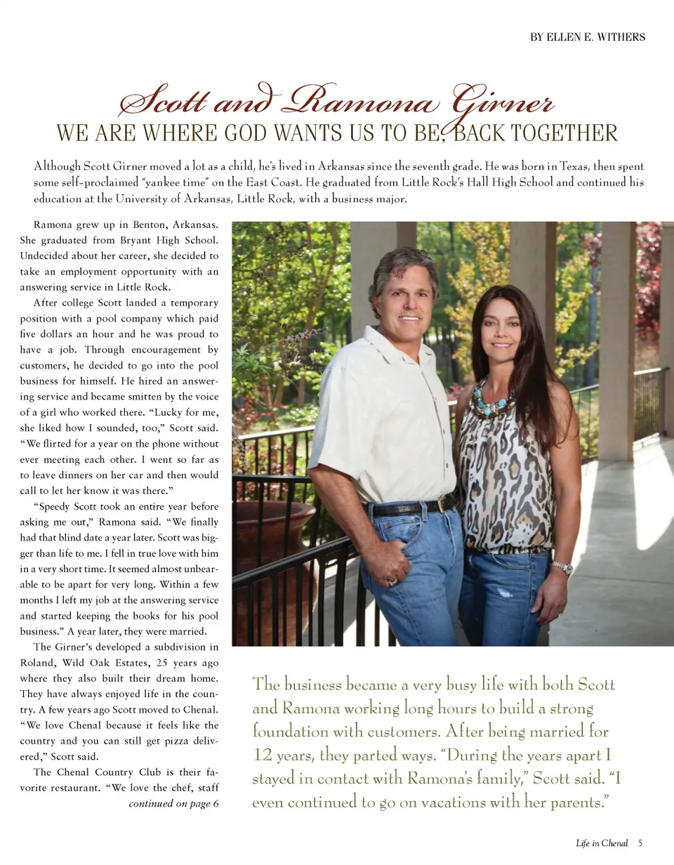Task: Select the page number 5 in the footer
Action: (x=641, y=843)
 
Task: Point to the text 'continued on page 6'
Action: (x=173, y=803)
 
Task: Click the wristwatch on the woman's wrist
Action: (x=562, y=567)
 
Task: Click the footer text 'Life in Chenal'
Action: (x=601, y=843)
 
